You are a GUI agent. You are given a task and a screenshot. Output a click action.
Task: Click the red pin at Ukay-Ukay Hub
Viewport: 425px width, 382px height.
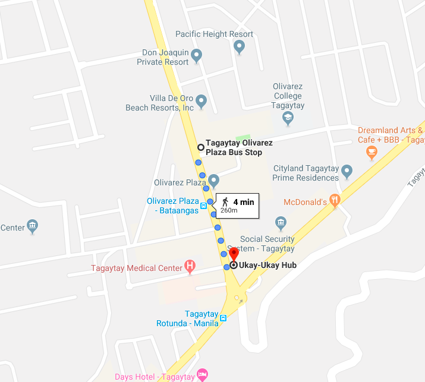(234, 254)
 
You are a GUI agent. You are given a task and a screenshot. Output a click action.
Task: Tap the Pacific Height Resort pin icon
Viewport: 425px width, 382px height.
(239, 47)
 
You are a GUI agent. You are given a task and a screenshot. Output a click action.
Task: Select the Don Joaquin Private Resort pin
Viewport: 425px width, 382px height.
(197, 56)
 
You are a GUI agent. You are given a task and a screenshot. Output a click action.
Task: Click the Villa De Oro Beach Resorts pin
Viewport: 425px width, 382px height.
(202, 101)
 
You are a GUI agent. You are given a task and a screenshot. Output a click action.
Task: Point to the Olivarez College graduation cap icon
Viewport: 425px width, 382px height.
(288, 118)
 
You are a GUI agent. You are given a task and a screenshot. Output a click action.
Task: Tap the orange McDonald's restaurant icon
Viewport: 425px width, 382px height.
(335, 201)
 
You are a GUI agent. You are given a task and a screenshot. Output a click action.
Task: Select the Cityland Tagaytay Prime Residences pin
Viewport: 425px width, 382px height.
(347, 172)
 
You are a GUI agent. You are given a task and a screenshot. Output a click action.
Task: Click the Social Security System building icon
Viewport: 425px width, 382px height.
(281, 223)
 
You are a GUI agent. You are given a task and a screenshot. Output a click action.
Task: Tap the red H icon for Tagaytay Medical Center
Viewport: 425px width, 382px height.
(190, 267)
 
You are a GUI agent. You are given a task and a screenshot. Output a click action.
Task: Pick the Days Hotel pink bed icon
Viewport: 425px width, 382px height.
(202, 374)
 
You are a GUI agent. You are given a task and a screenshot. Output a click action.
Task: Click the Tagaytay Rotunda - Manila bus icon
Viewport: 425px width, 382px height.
(223, 318)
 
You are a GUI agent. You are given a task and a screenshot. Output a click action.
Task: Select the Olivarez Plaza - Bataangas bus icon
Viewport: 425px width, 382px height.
(203, 206)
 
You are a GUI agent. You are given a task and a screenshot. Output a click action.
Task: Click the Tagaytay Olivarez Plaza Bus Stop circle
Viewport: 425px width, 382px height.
(201, 147)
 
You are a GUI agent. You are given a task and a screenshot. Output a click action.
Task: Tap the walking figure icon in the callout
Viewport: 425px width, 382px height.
(225, 202)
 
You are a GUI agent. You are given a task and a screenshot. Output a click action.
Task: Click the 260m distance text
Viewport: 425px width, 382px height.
(229, 210)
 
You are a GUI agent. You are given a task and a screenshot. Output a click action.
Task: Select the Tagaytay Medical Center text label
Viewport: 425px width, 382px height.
(137, 268)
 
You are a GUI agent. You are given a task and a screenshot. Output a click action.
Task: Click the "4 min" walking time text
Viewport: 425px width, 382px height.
(243, 202)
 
